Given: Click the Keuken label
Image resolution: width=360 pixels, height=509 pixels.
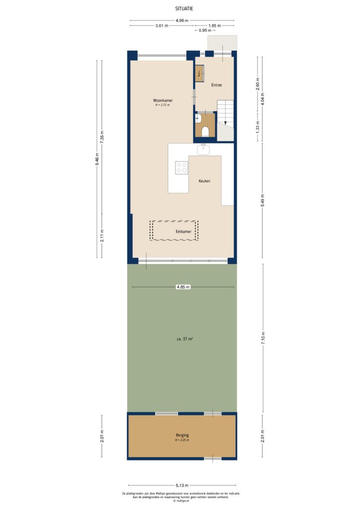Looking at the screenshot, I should [x=204, y=181].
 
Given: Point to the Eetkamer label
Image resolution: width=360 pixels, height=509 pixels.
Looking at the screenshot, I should [x=183, y=232].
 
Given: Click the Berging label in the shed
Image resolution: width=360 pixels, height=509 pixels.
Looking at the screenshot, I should [x=181, y=435].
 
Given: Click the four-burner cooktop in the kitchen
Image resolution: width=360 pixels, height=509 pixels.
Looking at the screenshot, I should [x=181, y=168].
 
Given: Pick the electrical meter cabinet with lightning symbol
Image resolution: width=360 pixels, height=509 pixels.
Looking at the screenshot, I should [x=200, y=75].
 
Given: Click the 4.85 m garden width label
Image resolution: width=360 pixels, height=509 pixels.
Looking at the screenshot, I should [x=182, y=287].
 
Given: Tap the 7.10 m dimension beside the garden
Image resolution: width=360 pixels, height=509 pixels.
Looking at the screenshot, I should [x=263, y=338].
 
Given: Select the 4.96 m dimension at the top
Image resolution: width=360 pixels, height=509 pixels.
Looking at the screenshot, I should [x=182, y=20].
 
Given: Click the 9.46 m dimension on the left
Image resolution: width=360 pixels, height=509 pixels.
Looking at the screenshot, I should [x=97, y=159].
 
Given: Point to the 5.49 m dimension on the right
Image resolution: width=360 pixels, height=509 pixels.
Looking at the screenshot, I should [x=263, y=200].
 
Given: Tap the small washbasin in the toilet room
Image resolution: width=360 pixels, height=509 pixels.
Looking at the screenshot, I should [x=198, y=118].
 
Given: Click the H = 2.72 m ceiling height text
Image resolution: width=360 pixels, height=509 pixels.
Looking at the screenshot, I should [x=162, y=105].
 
